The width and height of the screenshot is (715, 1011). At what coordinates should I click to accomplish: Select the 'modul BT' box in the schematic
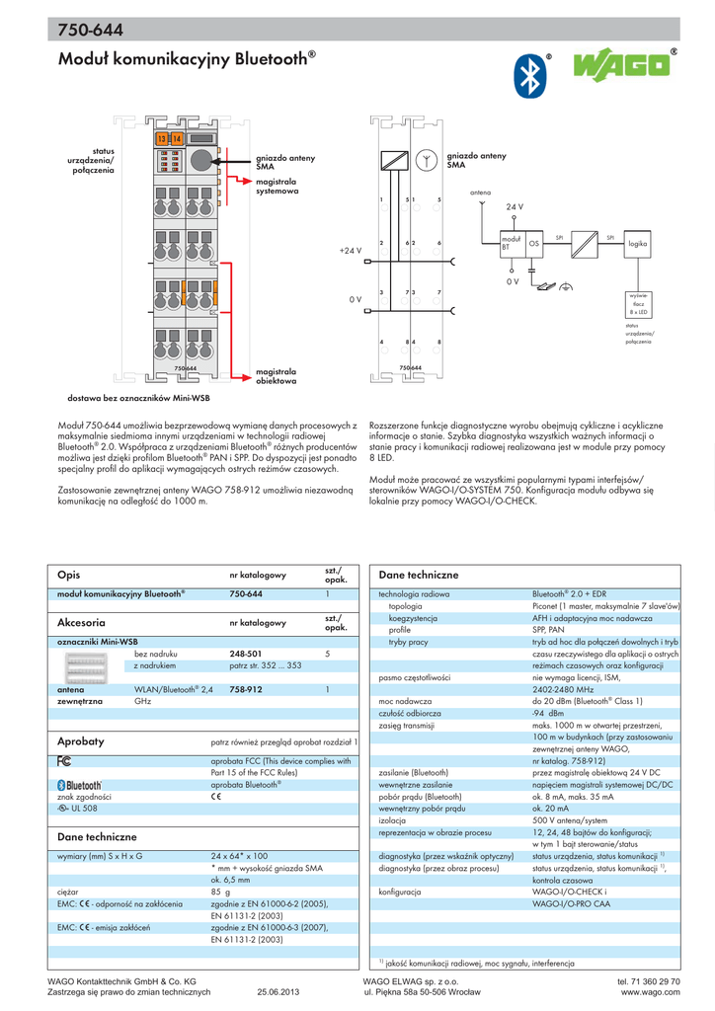point(511,241)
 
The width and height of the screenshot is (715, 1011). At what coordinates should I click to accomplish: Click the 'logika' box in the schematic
point(637,241)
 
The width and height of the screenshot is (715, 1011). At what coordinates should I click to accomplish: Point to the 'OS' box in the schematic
point(534,242)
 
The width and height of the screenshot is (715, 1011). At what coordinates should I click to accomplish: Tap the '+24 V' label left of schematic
point(350,251)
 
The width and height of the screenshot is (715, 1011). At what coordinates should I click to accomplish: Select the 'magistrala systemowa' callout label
point(277,187)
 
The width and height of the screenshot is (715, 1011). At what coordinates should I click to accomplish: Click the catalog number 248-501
point(246,654)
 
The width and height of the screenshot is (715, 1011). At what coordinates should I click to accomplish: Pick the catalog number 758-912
point(246,689)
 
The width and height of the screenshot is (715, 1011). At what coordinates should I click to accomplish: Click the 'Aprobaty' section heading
point(80,739)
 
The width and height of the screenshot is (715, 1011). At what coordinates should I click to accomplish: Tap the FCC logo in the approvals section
point(65,761)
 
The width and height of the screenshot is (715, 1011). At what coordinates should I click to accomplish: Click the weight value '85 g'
point(220,891)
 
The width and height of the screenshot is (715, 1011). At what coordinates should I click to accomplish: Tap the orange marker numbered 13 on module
point(161,137)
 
